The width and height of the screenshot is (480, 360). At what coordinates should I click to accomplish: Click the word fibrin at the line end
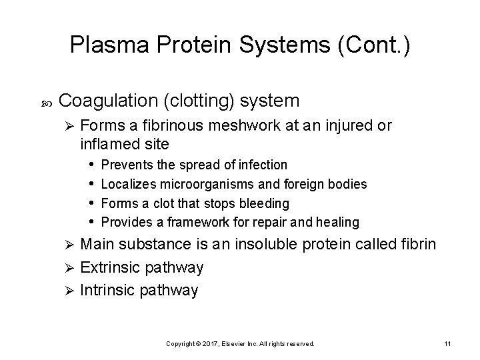[x=419, y=244]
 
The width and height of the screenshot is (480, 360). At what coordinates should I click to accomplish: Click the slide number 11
[x=447, y=343]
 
